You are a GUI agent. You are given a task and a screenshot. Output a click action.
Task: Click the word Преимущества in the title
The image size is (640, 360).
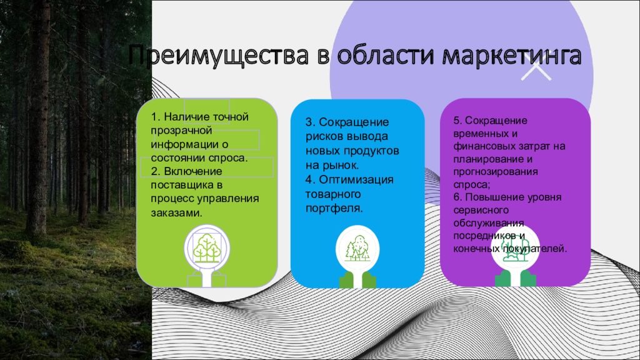click(218, 56)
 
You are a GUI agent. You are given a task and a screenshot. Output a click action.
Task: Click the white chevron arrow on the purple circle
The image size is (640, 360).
click(536, 72)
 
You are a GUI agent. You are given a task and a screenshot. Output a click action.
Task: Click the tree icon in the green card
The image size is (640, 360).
click(207, 247)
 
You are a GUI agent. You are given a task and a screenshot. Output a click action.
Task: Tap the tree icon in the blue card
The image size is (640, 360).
click(357, 248)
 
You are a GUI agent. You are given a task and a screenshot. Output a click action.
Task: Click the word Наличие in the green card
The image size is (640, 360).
click(186, 117)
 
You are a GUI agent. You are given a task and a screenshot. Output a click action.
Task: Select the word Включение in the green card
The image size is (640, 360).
click(193, 171)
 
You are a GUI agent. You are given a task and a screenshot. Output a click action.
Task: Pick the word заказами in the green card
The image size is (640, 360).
click(176, 212)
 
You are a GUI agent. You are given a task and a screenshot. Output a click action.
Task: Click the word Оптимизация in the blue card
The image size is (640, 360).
click(356, 179)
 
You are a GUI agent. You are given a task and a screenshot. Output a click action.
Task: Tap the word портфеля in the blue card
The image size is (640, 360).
click(334, 208)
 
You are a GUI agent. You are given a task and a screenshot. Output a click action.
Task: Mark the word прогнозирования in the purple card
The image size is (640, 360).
click(496, 172)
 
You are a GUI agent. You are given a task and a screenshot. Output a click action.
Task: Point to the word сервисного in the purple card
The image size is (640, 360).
click(481, 210)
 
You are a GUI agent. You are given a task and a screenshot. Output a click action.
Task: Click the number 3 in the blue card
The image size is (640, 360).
click(309, 122)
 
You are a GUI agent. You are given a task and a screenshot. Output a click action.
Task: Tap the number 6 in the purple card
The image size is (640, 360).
click(457, 197)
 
